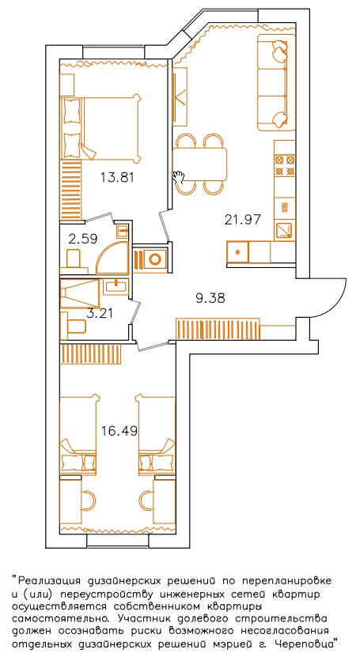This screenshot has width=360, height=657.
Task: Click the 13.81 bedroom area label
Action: click(x=117, y=178)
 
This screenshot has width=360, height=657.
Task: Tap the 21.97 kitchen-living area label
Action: click(x=243, y=219)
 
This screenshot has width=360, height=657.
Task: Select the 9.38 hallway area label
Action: click(x=210, y=298)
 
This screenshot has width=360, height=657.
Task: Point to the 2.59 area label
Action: click(x=83, y=239)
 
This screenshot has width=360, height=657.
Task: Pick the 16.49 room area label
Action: click(x=119, y=430)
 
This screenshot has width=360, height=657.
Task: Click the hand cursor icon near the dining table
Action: click(x=179, y=177)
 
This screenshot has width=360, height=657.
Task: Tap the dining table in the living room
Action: click(x=200, y=164)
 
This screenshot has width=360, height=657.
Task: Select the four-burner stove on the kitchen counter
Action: click(x=285, y=165)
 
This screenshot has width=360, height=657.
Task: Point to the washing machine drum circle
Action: click(x=155, y=259)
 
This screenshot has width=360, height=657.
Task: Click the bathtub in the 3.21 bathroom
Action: click(x=80, y=295)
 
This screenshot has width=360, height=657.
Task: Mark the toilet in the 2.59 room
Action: click(x=74, y=257)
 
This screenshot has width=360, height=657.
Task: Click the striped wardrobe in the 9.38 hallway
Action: click(x=218, y=328)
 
